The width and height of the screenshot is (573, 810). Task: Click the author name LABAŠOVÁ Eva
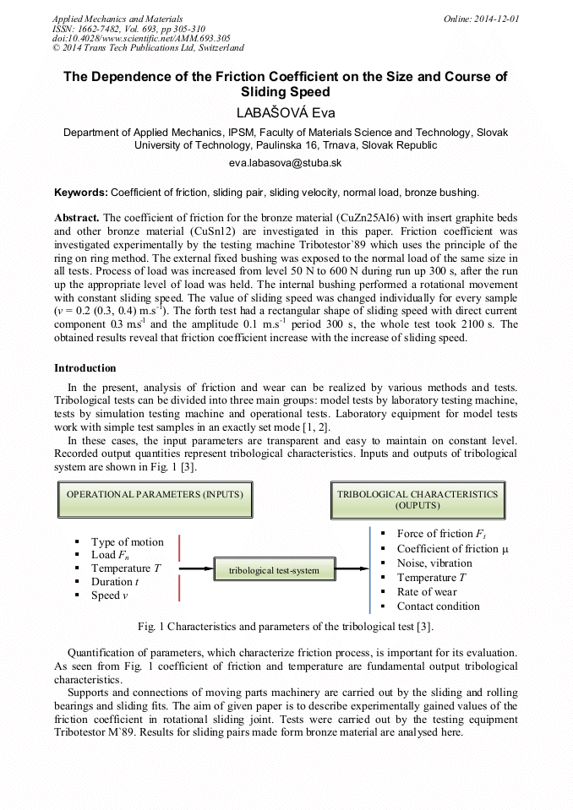286,111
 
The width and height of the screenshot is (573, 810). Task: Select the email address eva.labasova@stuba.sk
286,163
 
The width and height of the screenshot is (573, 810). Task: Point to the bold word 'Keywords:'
81,193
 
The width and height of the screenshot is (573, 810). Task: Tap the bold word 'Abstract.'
77,217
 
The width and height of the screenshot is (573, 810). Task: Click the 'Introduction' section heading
85,368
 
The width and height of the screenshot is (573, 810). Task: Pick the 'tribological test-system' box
274,570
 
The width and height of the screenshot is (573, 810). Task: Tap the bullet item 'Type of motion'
128,542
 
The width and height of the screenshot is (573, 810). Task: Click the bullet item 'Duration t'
115,582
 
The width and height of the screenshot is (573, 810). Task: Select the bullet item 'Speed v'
110,595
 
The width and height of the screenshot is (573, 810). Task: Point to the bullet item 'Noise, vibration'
434,563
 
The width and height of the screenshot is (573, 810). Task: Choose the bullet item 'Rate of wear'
427,592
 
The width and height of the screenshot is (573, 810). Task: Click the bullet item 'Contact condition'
438,606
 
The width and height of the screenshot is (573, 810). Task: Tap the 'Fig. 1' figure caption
286,627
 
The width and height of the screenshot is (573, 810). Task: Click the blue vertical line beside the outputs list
370,570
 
